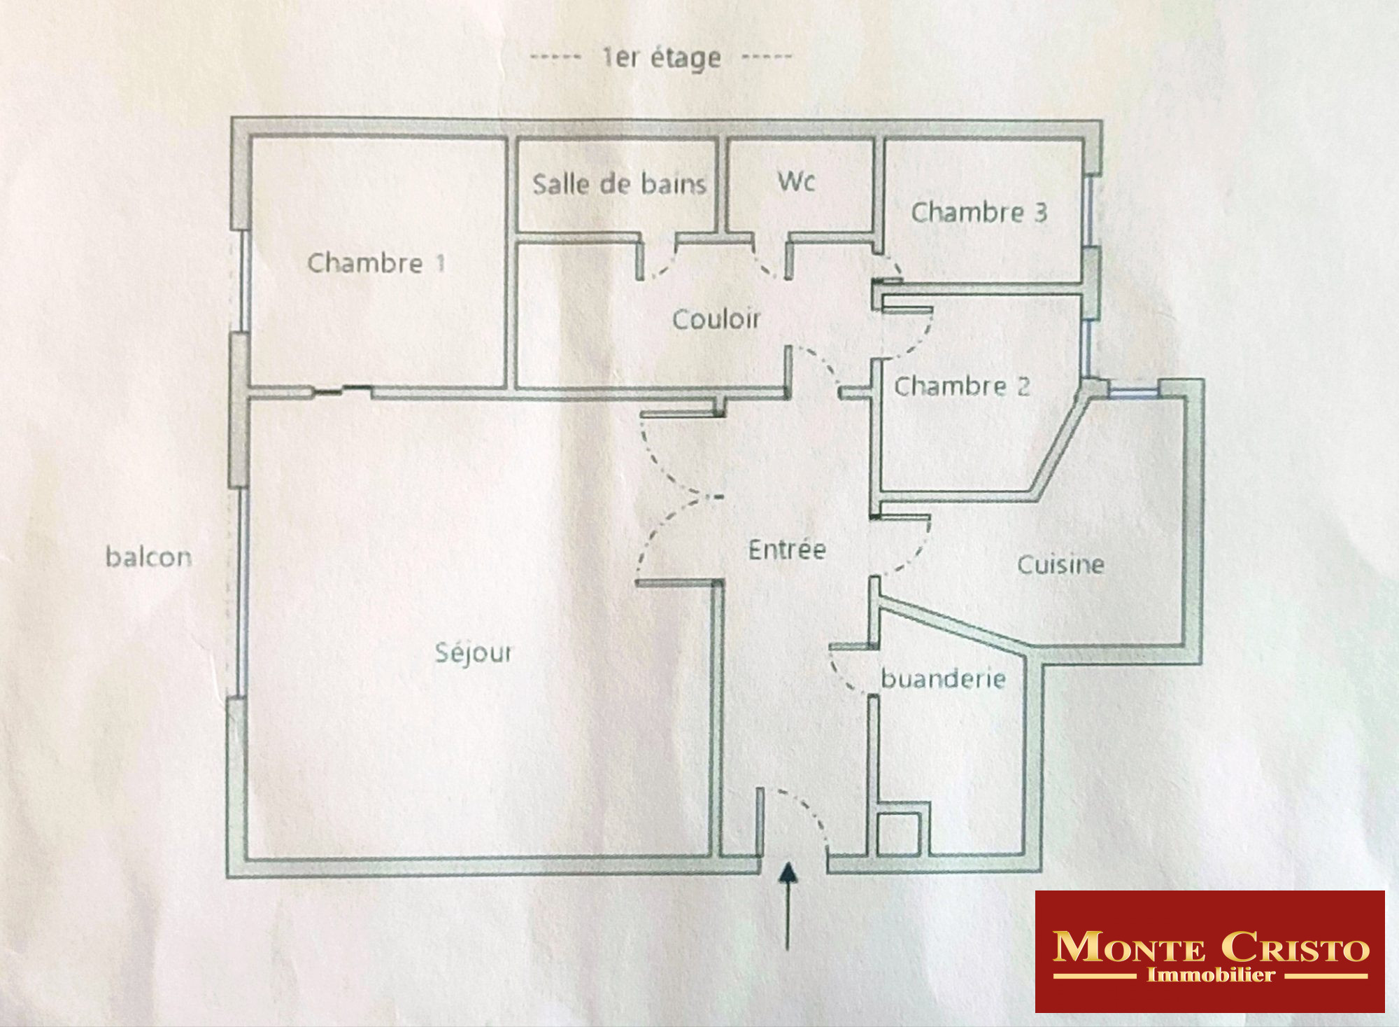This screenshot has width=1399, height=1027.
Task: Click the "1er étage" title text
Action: click(x=662, y=58)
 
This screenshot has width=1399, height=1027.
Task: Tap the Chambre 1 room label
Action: click(x=376, y=263)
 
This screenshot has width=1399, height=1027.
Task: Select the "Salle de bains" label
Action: click(x=619, y=184)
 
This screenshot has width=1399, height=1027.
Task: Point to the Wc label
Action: click(x=797, y=181)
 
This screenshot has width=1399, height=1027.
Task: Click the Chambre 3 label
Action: click(x=979, y=212)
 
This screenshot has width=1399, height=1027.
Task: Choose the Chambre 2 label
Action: click(x=962, y=386)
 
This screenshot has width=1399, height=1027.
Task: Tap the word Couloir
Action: click(x=716, y=319)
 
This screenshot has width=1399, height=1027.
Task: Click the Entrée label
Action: click(x=787, y=550)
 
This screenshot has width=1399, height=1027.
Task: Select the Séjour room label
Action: click(x=474, y=653)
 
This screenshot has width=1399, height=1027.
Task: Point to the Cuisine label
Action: click(x=1060, y=565)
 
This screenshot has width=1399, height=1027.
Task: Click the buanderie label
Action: click(x=943, y=678)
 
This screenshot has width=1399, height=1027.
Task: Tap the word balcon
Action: click(x=148, y=557)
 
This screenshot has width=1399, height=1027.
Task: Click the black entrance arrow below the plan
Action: click(x=788, y=906)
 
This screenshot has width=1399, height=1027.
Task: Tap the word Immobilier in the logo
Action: click(x=1210, y=975)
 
